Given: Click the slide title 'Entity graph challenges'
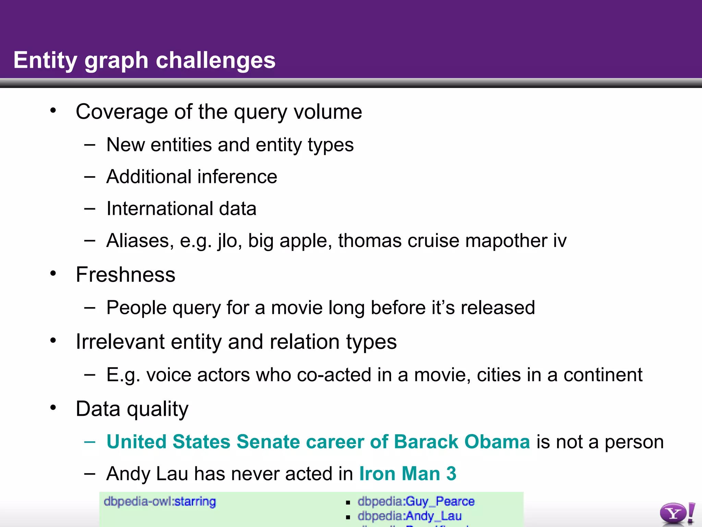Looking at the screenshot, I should [144, 60].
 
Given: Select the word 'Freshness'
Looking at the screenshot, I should [125, 275].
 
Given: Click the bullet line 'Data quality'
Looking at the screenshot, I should [132, 409].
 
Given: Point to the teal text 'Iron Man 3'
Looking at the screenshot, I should [408, 474].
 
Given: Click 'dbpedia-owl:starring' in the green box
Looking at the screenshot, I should [160, 502].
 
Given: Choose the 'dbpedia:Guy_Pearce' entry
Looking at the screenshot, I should [416, 502].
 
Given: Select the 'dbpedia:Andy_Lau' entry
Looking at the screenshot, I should [409, 516].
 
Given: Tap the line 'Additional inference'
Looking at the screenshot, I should [192, 177].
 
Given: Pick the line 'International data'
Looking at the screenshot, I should [181, 209].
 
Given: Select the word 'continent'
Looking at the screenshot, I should [603, 375].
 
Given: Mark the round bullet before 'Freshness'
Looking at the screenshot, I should [53, 274].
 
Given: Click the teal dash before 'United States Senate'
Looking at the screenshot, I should [89, 442].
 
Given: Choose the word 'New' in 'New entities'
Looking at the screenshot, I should [125, 145].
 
